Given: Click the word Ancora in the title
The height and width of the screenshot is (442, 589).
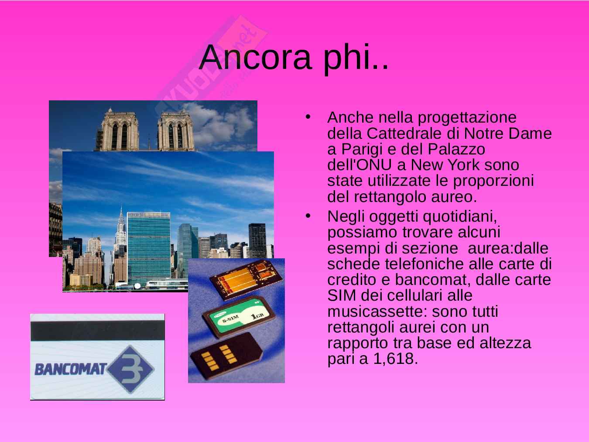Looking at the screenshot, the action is [x=256, y=58].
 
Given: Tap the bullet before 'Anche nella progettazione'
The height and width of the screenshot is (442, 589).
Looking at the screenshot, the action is [x=308, y=117].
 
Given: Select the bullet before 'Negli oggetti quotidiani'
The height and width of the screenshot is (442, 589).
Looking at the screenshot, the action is [x=308, y=216].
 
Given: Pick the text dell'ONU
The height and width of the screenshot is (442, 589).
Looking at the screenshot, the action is [x=360, y=164].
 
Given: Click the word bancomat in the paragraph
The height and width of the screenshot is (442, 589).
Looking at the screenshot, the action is [x=432, y=280].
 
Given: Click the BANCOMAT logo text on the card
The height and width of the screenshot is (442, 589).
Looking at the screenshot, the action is [x=71, y=369].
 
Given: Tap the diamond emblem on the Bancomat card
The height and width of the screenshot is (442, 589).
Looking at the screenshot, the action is [x=131, y=369].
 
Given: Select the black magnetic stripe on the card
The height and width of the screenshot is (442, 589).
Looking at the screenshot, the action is [x=97, y=330].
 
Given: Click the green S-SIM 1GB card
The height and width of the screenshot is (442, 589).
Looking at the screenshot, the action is [x=239, y=316].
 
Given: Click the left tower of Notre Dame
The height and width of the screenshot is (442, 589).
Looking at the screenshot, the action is [x=120, y=130].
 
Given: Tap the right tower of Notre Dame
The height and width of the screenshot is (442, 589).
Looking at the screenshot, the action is [x=176, y=130].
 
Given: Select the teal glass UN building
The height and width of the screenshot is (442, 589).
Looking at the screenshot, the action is [x=149, y=248].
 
